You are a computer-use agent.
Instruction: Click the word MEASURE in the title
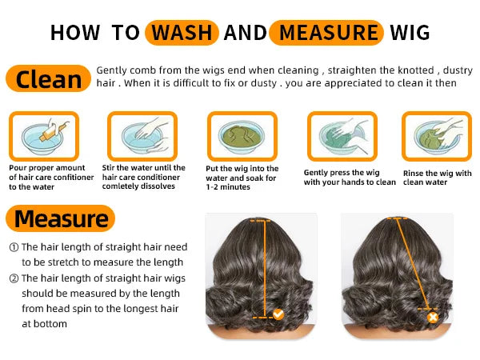325,32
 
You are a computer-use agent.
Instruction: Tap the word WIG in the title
410,32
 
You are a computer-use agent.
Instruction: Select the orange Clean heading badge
48,78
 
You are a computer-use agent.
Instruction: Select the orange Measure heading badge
61,218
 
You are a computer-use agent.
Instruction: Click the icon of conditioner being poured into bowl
43,135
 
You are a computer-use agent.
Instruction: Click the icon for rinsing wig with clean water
437,135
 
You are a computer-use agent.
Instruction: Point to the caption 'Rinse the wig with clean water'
436,178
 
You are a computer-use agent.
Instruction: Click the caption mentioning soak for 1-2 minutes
242,178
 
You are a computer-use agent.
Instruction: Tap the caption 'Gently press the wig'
350,177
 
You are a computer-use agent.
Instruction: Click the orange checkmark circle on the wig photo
278,314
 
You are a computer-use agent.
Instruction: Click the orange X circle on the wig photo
433,316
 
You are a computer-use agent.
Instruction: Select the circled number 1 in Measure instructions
14,248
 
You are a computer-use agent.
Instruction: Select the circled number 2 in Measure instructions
14,278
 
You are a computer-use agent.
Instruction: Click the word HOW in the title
75,32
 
